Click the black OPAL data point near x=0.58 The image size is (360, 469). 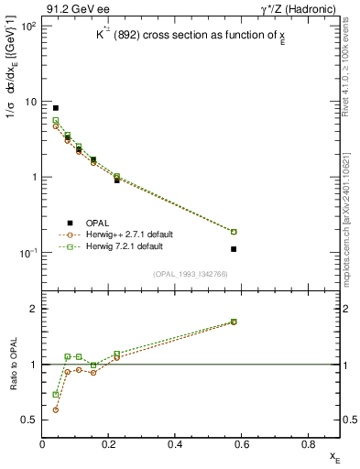point(234,249)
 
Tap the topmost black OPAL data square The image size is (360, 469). point(56,108)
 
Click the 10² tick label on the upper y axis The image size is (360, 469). point(25,26)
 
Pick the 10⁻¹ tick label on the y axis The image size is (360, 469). point(25,253)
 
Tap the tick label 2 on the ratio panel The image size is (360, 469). point(33,310)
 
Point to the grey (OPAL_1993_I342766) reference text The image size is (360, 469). point(191,275)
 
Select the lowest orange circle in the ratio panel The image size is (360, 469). point(56,409)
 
